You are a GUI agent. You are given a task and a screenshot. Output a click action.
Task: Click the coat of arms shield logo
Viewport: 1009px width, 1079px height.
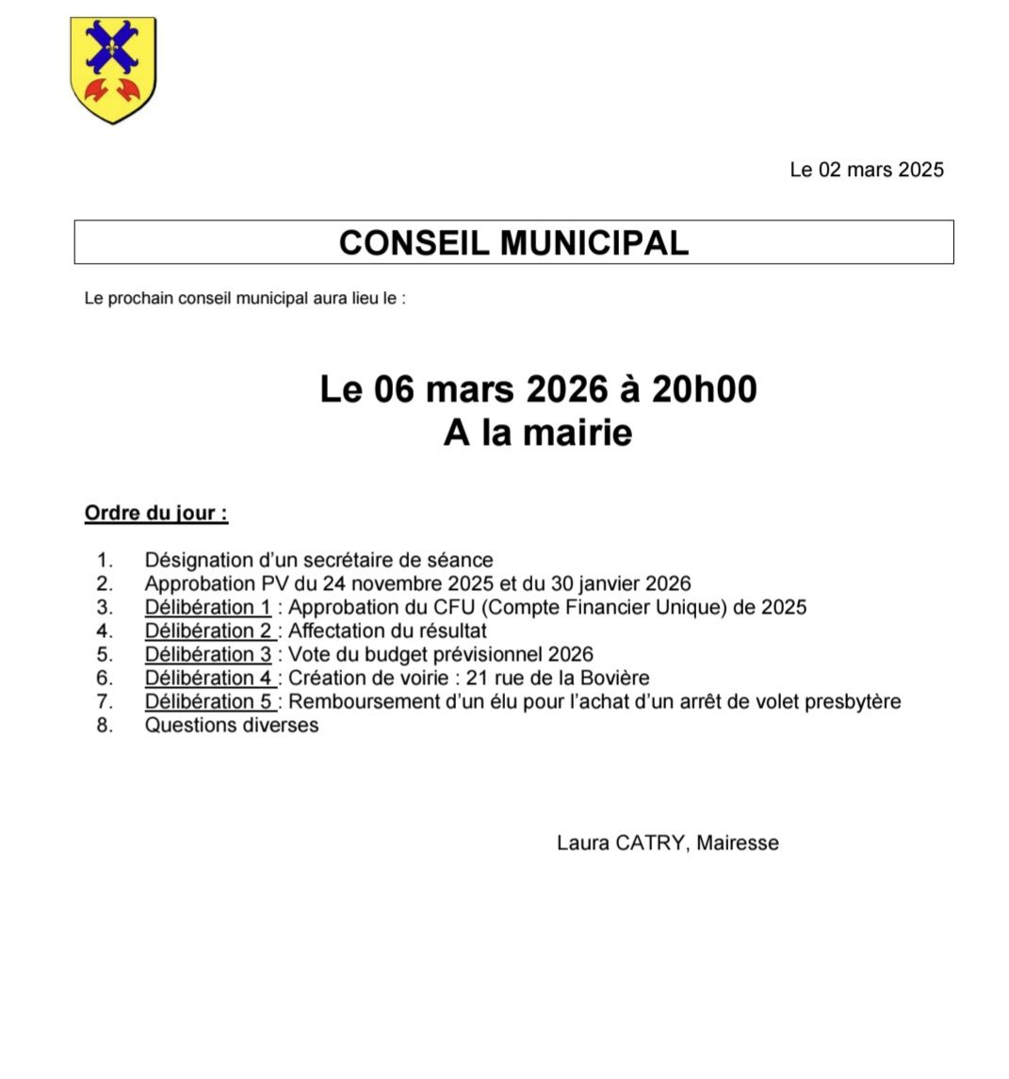pyautogui.click(x=114, y=69)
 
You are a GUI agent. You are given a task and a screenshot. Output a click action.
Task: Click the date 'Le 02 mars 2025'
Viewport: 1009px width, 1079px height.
pyautogui.click(x=866, y=170)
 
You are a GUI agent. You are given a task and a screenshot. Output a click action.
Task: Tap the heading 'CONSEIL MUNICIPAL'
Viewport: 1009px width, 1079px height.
pyautogui.click(x=513, y=242)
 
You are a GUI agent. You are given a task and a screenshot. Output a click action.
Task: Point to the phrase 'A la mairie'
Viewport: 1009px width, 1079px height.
pyautogui.click(x=537, y=433)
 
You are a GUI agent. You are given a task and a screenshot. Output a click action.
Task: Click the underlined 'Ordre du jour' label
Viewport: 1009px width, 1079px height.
pyautogui.click(x=155, y=514)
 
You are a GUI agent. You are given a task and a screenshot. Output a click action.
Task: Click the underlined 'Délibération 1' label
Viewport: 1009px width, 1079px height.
pyautogui.click(x=207, y=607)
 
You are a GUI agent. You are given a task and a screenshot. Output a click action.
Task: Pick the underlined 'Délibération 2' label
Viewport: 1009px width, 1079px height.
pyautogui.click(x=208, y=630)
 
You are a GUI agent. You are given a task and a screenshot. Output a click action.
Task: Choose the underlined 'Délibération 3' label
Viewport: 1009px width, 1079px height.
pyautogui.click(x=207, y=654)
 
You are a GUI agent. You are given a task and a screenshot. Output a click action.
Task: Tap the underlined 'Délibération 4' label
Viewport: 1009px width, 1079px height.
pyautogui.click(x=208, y=678)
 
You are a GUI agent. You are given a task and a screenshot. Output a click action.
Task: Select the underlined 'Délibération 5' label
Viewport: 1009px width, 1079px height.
pyautogui.click(x=208, y=701)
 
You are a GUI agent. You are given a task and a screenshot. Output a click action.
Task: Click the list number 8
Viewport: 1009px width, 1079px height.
pyautogui.click(x=105, y=725)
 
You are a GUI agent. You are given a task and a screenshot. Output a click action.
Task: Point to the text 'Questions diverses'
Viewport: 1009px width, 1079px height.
pyautogui.click(x=231, y=725)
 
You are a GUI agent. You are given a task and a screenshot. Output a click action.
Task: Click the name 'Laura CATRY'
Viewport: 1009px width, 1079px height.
pyautogui.click(x=620, y=842)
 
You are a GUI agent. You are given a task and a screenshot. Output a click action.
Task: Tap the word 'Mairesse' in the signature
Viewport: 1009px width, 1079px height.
pyautogui.click(x=738, y=842)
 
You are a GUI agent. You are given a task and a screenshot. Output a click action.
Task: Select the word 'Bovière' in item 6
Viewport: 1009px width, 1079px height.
pyautogui.click(x=614, y=678)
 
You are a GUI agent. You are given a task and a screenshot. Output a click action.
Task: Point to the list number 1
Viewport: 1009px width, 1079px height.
pyautogui.click(x=105, y=560)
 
